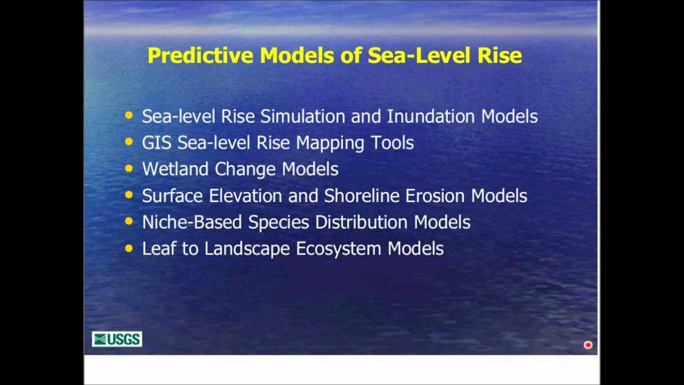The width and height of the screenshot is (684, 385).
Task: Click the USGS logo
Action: coord(116,339)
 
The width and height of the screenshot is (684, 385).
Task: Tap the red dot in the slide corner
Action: coord(588,345)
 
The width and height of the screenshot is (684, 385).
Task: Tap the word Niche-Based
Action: coord(192,222)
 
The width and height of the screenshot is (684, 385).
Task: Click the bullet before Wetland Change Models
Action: coord(128,168)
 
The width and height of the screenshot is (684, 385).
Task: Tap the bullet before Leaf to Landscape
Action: coord(128,248)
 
